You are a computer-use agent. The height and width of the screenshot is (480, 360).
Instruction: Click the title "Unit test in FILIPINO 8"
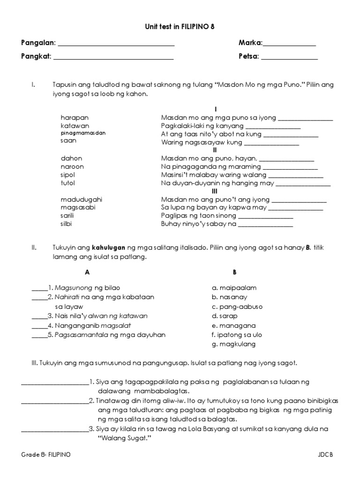click(179, 28)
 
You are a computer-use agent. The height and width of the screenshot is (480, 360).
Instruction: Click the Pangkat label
click(36, 58)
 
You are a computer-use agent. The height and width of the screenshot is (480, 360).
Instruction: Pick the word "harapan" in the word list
click(75, 118)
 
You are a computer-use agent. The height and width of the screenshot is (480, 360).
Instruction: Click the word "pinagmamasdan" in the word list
click(83, 133)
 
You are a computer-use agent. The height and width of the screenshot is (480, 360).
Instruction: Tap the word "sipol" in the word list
click(67, 175)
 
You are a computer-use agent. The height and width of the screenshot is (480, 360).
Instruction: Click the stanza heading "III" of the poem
click(215, 191)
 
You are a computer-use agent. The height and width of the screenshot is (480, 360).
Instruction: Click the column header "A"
click(87, 272)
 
